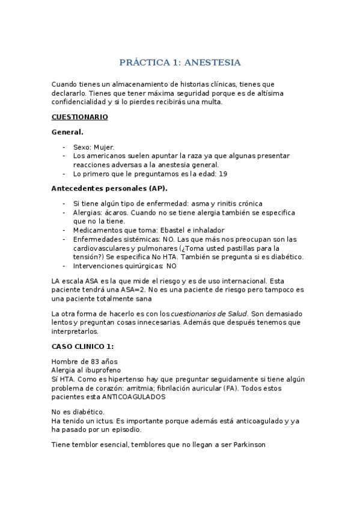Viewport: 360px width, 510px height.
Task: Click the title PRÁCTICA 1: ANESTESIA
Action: pos(180,63)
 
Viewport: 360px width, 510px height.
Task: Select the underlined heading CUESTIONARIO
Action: pos(79,117)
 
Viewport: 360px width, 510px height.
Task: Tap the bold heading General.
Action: pos(67,131)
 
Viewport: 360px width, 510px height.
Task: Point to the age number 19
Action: pos(224,173)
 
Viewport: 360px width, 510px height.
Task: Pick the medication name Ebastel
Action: pos(171,230)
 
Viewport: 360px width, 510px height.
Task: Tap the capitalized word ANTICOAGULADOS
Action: pos(133,396)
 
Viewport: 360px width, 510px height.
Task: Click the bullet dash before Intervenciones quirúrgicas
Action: pos(64,265)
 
